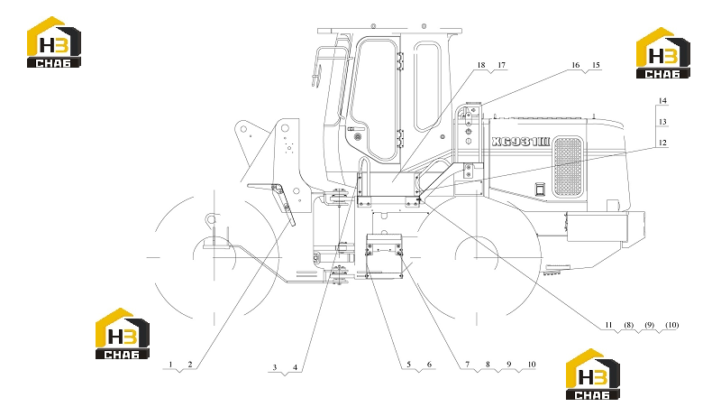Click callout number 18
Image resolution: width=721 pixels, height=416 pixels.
click(481, 65)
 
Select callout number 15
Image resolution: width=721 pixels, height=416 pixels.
click(596, 65)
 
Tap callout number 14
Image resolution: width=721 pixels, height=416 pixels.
click(662, 101)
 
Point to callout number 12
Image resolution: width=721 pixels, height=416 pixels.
click(662, 143)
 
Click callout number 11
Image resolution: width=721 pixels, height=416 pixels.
click(608, 325)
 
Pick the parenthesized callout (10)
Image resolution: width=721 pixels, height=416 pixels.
click(671, 325)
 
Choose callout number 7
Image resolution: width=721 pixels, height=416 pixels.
click(468, 364)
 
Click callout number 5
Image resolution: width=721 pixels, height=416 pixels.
click(408, 365)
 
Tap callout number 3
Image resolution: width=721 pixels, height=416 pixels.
click(275, 367)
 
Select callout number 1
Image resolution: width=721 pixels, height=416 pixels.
click(170, 365)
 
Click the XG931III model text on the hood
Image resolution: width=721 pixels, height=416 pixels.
click(521, 142)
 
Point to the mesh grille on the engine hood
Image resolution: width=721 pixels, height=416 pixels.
click(568, 167)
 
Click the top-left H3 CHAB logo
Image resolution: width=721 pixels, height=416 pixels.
click(54, 42)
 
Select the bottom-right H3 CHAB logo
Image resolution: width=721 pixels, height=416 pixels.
click(593, 374)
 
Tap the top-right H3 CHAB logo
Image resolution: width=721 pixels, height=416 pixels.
click(663, 53)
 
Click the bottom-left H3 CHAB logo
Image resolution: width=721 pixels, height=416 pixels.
click(123, 334)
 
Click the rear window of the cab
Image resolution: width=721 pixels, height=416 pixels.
click(427, 86)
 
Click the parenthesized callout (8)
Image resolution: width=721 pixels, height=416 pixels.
click(628, 325)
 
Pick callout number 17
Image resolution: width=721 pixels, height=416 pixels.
click(502, 65)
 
